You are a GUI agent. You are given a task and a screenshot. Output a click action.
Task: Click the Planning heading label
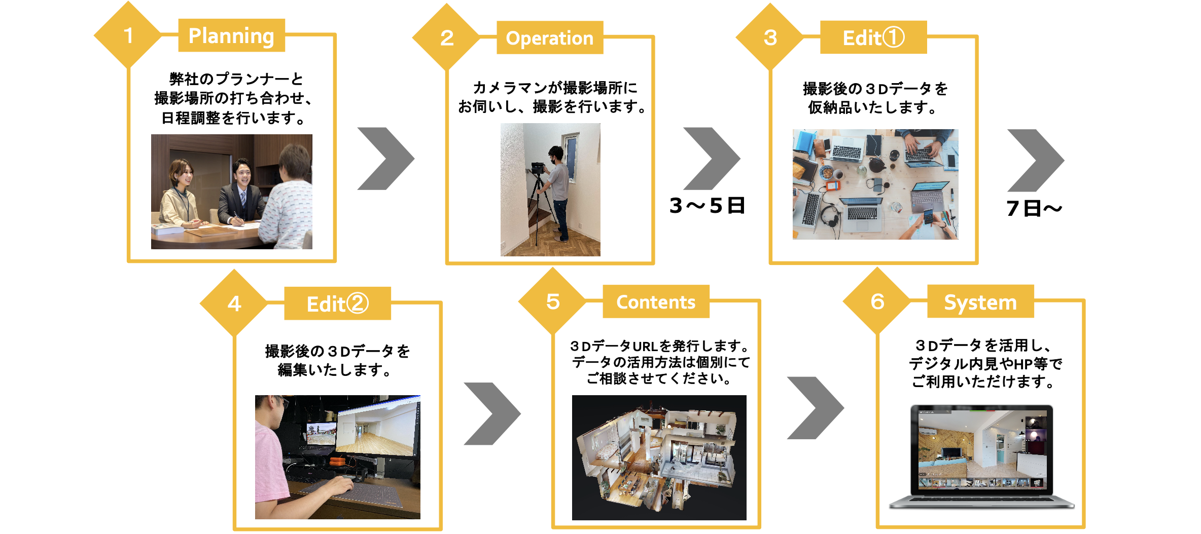pyautogui.click(x=231, y=35)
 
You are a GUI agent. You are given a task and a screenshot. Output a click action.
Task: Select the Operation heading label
pyautogui.click(x=550, y=38)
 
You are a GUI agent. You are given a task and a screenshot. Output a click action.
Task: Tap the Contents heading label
pyautogui.click(x=656, y=302)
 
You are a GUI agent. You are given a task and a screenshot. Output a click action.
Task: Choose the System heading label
pyautogui.click(x=980, y=302)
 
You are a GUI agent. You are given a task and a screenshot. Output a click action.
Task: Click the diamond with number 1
pyautogui.click(x=128, y=35)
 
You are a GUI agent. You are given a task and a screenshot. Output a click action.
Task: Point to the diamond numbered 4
pyautogui.click(x=234, y=303)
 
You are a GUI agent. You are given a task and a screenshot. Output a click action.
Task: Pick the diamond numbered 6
pyautogui.click(x=877, y=302)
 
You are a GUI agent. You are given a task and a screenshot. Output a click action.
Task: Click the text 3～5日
pyautogui.click(x=707, y=206)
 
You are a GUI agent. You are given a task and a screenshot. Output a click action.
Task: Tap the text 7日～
pyautogui.click(x=1034, y=208)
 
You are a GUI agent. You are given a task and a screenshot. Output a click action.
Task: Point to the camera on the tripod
pyautogui.click(x=538, y=167)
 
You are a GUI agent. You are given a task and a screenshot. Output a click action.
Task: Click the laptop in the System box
pyautogui.click(x=982, y=456)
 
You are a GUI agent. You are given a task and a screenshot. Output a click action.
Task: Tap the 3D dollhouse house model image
pyautogui.click(x=659, y=457)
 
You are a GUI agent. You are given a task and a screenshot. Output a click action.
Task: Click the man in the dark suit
pyautogui.click(x=241, y=193)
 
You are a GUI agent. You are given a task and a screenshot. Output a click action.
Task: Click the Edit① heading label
pyautogui.click(x=873, y=37)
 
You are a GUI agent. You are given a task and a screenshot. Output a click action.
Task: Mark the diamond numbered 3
pyautogui.click(x=770, y=37)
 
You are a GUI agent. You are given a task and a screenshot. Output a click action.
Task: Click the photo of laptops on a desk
pyautogui.click(x=875, y=184)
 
